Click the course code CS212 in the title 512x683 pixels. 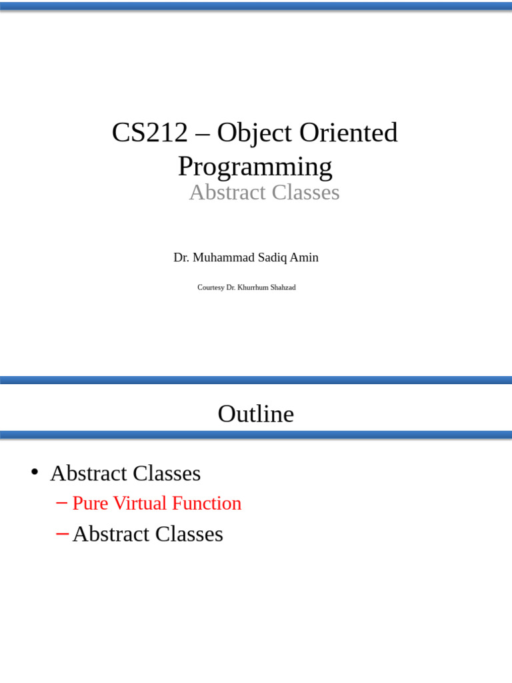tap(149, 133)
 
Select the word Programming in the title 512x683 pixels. tap(255, 166)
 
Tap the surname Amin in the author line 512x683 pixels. tap(305, 257)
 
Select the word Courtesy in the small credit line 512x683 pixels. tap(211, 287)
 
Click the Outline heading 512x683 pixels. tap(256, 414)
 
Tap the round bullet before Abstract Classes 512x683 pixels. tap(34, 472)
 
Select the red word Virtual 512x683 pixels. tap(140, 503)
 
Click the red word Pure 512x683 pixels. tap(89, 503)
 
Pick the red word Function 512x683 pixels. tap(207, 503)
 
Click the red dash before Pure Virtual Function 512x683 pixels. tap(62, 502)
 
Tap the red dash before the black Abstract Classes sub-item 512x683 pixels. tap(62, 533)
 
